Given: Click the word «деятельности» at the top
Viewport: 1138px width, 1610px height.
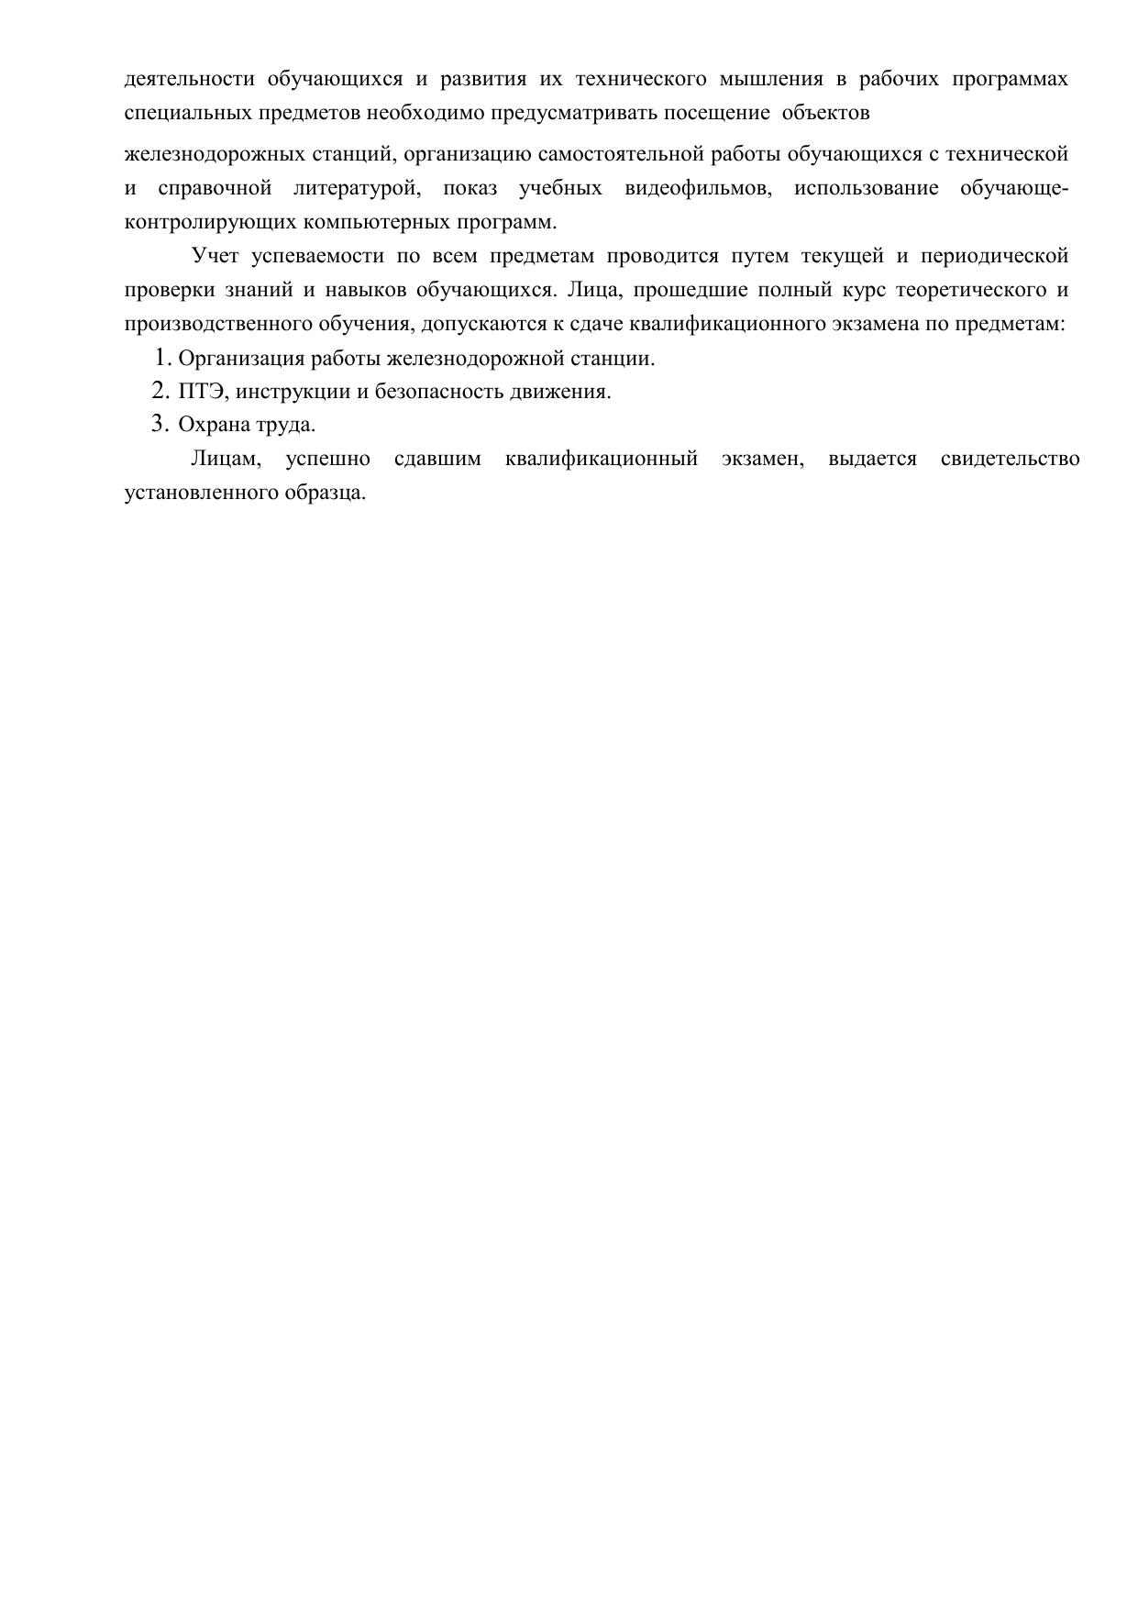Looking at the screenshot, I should pyautogui.click(x=189, y=79).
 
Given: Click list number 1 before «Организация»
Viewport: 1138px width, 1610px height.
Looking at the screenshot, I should pyautogui.click(x=161, y=357).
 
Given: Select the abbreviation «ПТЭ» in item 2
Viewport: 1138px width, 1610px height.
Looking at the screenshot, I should pyautogui.click(x=200, y=392).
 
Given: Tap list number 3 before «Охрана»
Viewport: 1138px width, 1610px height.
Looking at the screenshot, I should pyautogui.click(x=161, y=424).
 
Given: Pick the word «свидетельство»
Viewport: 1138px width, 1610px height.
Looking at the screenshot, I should pyautogui.click(x=1010, y=459).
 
